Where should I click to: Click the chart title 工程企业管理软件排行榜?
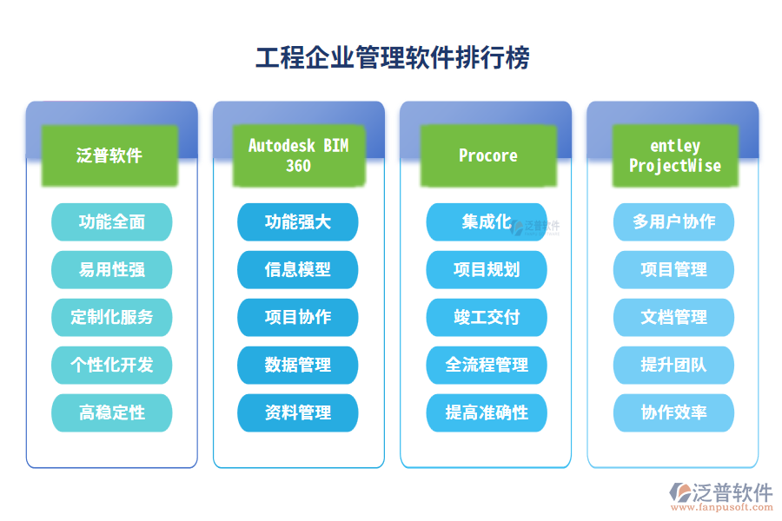click(392, 57)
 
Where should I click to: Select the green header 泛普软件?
click(109, 155)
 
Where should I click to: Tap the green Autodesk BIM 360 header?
click(298, 155)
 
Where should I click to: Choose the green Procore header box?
click(487, 155)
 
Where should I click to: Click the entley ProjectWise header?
click(675, 155)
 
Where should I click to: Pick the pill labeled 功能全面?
click(112, 222)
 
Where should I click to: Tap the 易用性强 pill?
click(112, 270)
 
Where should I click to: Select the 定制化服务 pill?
click(112, 318)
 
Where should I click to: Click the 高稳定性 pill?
click(112, 413)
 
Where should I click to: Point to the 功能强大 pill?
click(298, 222)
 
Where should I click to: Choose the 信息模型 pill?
click(298, 270)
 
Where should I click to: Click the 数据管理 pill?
click(298, 366)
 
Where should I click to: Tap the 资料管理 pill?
click(298, 413)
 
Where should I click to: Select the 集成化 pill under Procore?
click(486, 222)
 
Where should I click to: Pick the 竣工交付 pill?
click(487, 318)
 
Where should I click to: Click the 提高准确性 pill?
click(487, 413)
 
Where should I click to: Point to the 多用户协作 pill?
click(674, 222)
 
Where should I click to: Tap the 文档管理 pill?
click(674, 318)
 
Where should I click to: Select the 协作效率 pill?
click(674, 413)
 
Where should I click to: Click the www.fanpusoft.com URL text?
click(720, 511)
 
